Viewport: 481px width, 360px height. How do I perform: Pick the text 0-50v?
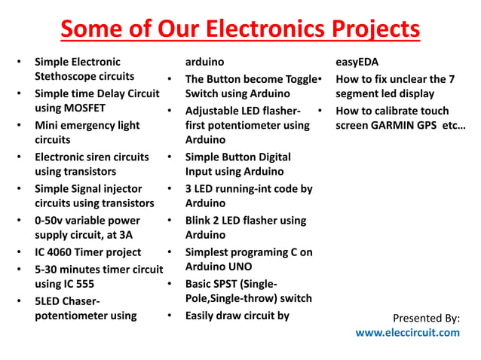coord(51,221)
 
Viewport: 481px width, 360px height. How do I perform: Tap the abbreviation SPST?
coord(231,284)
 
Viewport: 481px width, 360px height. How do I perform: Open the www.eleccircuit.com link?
coord(407,332)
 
